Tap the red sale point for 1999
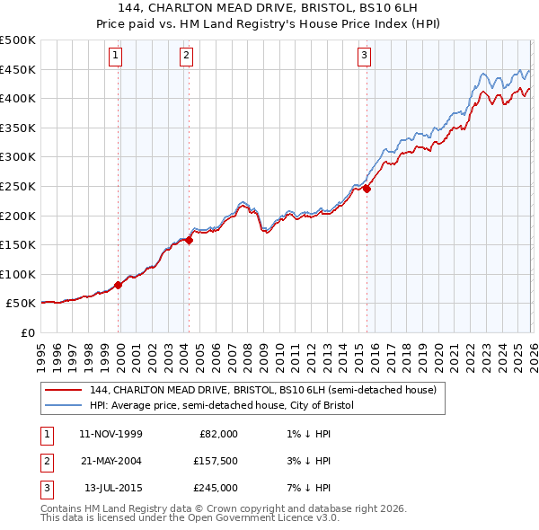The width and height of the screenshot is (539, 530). (x=118, y=285)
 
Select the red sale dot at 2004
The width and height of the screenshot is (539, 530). (x=190, y=240)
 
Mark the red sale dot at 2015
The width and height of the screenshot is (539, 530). (x=367, y=189)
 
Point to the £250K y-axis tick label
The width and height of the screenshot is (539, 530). (x=17, y=186)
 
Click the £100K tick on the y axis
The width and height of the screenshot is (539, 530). (x=17, y=274)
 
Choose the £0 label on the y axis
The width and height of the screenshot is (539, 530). (x=27, y=332)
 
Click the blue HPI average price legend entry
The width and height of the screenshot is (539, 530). (x=222, y=405)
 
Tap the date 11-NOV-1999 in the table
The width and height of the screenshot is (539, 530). (x=110, y=433)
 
